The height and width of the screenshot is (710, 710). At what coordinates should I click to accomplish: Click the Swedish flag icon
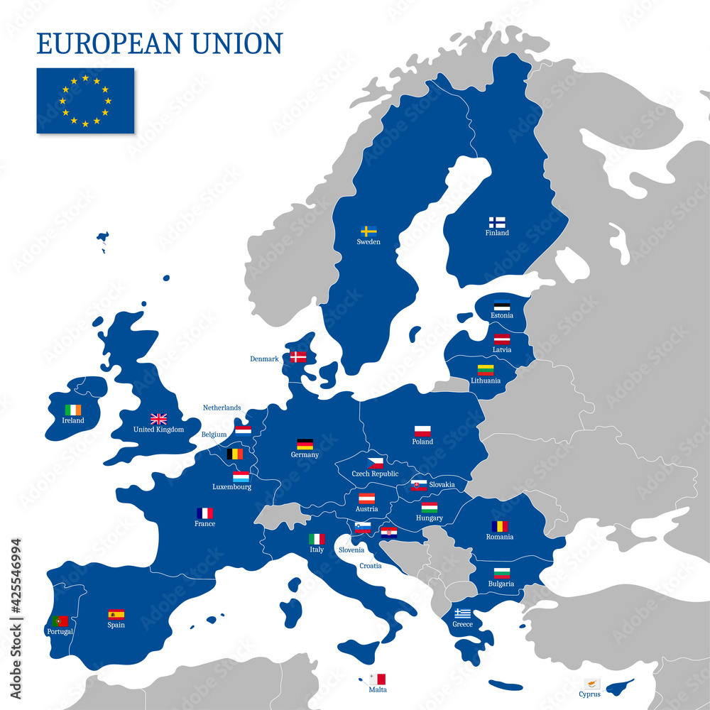click(x=368, y=231)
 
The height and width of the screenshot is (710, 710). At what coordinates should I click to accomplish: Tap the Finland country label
click(x=497, y=233)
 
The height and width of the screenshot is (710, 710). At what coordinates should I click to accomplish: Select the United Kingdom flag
click(x=158, y=419)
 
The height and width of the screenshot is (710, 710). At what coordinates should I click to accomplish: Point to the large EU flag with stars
click(x=85, y=101)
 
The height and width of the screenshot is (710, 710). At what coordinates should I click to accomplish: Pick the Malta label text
click(x=378, y=689)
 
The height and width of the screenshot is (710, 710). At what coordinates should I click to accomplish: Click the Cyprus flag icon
click(x=592, y=684)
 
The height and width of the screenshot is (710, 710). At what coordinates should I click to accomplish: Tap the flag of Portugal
click(x=60, y=621)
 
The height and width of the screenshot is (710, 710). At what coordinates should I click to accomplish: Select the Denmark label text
click(x=264, y=359)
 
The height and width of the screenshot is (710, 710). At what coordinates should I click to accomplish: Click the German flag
click(x=305, y=444)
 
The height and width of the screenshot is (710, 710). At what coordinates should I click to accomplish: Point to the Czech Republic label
click(x=375, y=474)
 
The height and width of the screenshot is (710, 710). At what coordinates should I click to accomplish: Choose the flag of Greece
click(x=462, y=613)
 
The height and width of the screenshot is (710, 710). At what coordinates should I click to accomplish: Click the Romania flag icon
click(x=500, y=526)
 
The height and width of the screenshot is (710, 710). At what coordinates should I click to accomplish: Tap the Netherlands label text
click(x=222, y=408)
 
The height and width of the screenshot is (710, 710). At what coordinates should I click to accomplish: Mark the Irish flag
click(x=73, y=410)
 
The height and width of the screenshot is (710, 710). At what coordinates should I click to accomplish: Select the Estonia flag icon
click(x=502, y=306)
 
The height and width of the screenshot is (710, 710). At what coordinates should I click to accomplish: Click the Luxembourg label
click(x=231, y=487)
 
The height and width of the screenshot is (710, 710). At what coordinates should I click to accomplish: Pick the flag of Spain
click(x=116, y=614)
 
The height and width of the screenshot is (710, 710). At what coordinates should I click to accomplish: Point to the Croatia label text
click(x=370, y=566)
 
